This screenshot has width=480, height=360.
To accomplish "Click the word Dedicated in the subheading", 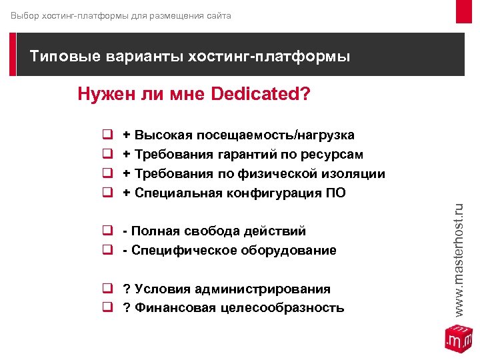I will tap(255, 94).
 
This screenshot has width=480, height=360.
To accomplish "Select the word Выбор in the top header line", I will tap(25, 15).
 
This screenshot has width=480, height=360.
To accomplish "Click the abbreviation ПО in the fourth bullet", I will tap(337, 193).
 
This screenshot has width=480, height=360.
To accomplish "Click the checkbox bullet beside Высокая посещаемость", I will tap(105, 135).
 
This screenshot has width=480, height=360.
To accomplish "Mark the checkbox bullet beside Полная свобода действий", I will tap(105, 231).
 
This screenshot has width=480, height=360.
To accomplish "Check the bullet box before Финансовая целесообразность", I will tap(105, 308).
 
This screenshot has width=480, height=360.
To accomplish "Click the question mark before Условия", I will tap(126, 289).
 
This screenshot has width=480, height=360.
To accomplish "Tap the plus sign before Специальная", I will tap(126, 193).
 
